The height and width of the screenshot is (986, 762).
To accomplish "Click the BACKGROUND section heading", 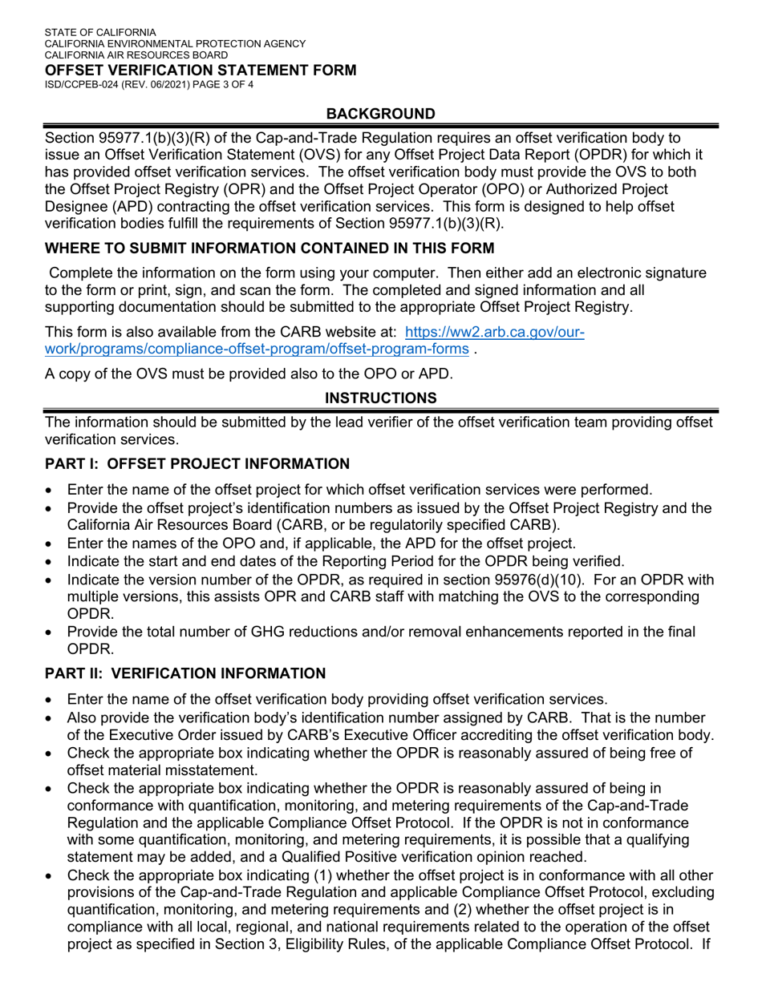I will (381, 114).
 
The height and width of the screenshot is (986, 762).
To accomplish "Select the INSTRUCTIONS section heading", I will (381, 398).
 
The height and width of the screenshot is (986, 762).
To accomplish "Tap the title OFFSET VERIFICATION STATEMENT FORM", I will (201, 71).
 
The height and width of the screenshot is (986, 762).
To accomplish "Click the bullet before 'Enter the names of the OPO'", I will (51, 544).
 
